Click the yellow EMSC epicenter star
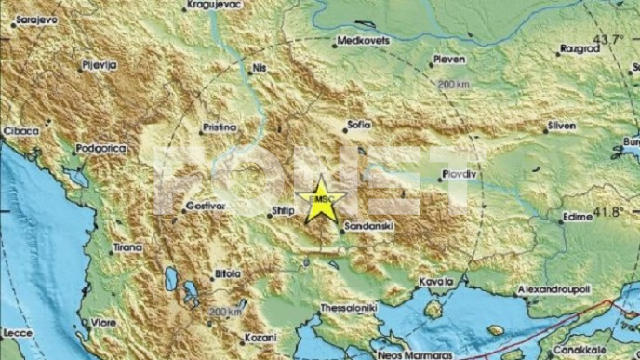pyautogui.click(x=322, y=198)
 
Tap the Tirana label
pyautogui.click(x=128, y=247)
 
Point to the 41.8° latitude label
pyautogui.click(x=608, y=212)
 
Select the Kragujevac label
pyautogui.click(x=214, y=6)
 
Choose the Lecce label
pyautogui.click(x=16, y=331)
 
